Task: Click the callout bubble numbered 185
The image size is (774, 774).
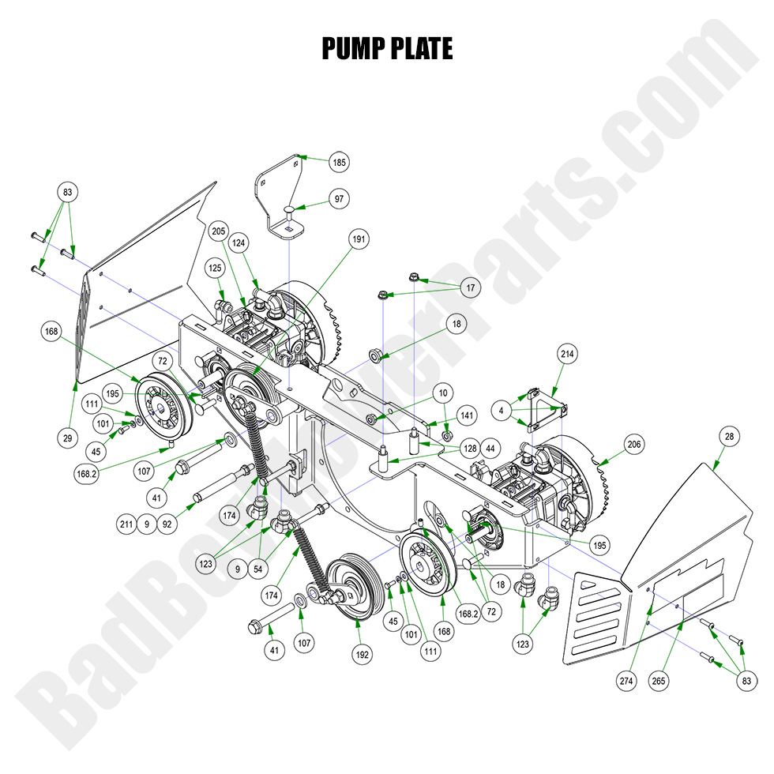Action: click(339, 163)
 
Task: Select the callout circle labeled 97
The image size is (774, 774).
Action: click(339, 198)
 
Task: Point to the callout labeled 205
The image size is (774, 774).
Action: click(218, 231)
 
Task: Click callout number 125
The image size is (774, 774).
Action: click(216, 269)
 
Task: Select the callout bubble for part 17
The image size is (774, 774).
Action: click(472, 289)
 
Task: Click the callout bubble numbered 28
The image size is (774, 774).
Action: click(727, 436)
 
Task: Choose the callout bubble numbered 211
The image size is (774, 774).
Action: click(124, 522)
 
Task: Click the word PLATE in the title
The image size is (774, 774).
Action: click(420, 49)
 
